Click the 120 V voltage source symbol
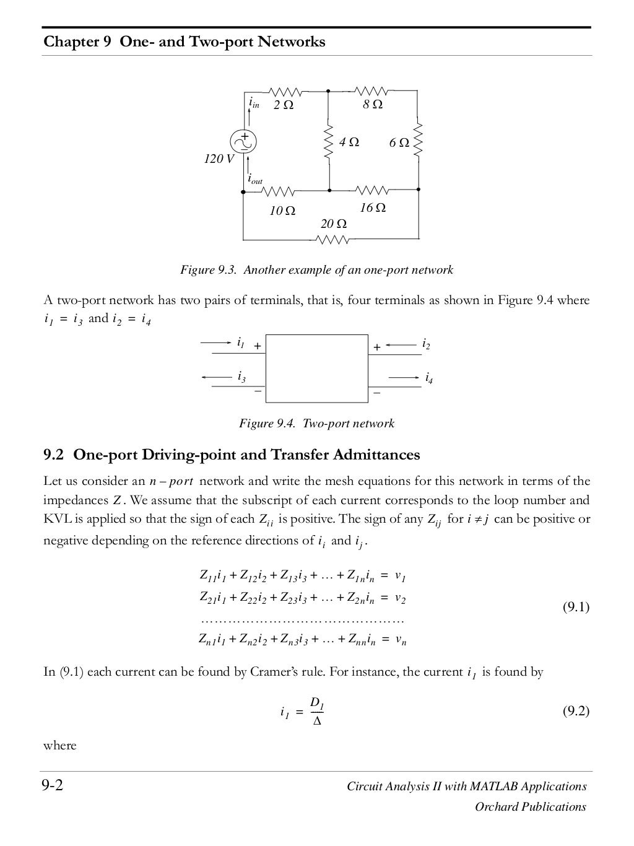[245, 142]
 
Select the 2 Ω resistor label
[284, 105]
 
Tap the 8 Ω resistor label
[373, 105]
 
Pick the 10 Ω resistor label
[282, 211]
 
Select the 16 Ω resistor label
[373, 208]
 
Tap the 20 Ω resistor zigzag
[332, 240]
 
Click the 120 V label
[219, 159]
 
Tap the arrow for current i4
[403, 377]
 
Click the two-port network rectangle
[317, 369]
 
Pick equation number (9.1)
[576, 607]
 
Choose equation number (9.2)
[576, 711]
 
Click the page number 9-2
[53, 787]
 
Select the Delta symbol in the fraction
[317, 721]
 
